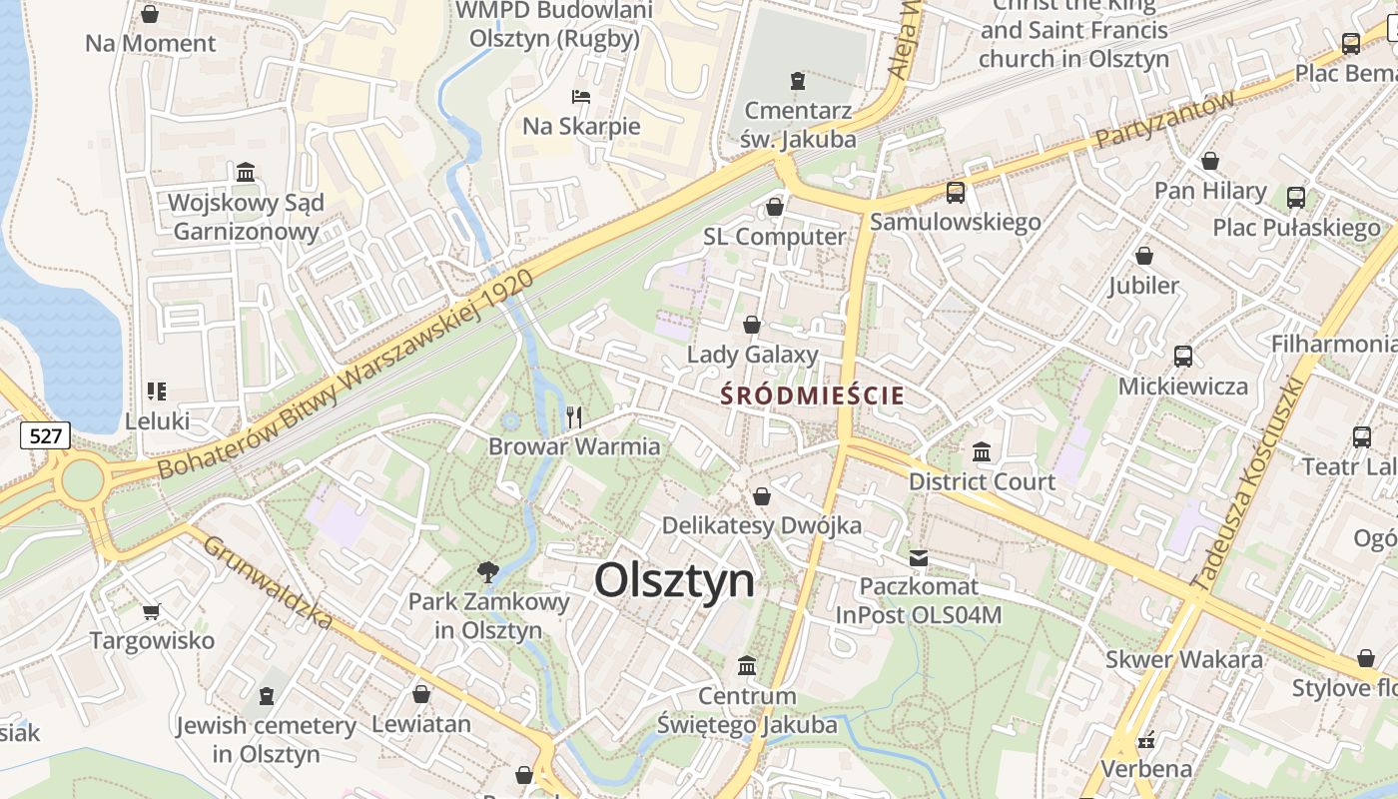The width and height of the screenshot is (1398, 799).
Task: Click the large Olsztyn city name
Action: point(675,580)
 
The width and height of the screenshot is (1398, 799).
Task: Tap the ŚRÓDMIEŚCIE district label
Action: point(812,396)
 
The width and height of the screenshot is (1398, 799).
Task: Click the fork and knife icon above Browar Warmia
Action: point(574,417)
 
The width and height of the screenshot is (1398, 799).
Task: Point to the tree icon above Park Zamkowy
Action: point(488,572)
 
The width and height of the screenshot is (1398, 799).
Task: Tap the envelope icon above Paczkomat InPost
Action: point(919,557)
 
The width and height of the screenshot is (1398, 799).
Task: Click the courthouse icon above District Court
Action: point(982,452)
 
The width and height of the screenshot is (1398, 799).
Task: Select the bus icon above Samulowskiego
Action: point(956,193)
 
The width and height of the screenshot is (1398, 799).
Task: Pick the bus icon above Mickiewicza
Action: point(1183,357)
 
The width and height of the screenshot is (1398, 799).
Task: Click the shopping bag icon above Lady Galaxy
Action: point(752,326)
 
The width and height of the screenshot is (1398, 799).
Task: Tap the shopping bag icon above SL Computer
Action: point(774,208)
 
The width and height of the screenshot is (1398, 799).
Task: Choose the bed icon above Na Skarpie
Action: point(581,97)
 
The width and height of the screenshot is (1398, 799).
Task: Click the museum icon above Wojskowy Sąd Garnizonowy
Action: point(246,173)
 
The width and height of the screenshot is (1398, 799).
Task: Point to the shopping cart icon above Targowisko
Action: point(152,611)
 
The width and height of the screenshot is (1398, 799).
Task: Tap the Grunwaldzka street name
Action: point(268,583)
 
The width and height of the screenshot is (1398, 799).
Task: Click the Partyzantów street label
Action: point(1165,119)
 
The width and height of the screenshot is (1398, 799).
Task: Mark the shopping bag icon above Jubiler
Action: point(1144,257)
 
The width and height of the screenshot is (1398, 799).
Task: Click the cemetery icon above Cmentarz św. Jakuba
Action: point(797,81)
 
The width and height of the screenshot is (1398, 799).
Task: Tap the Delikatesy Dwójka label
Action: point(762,525)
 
